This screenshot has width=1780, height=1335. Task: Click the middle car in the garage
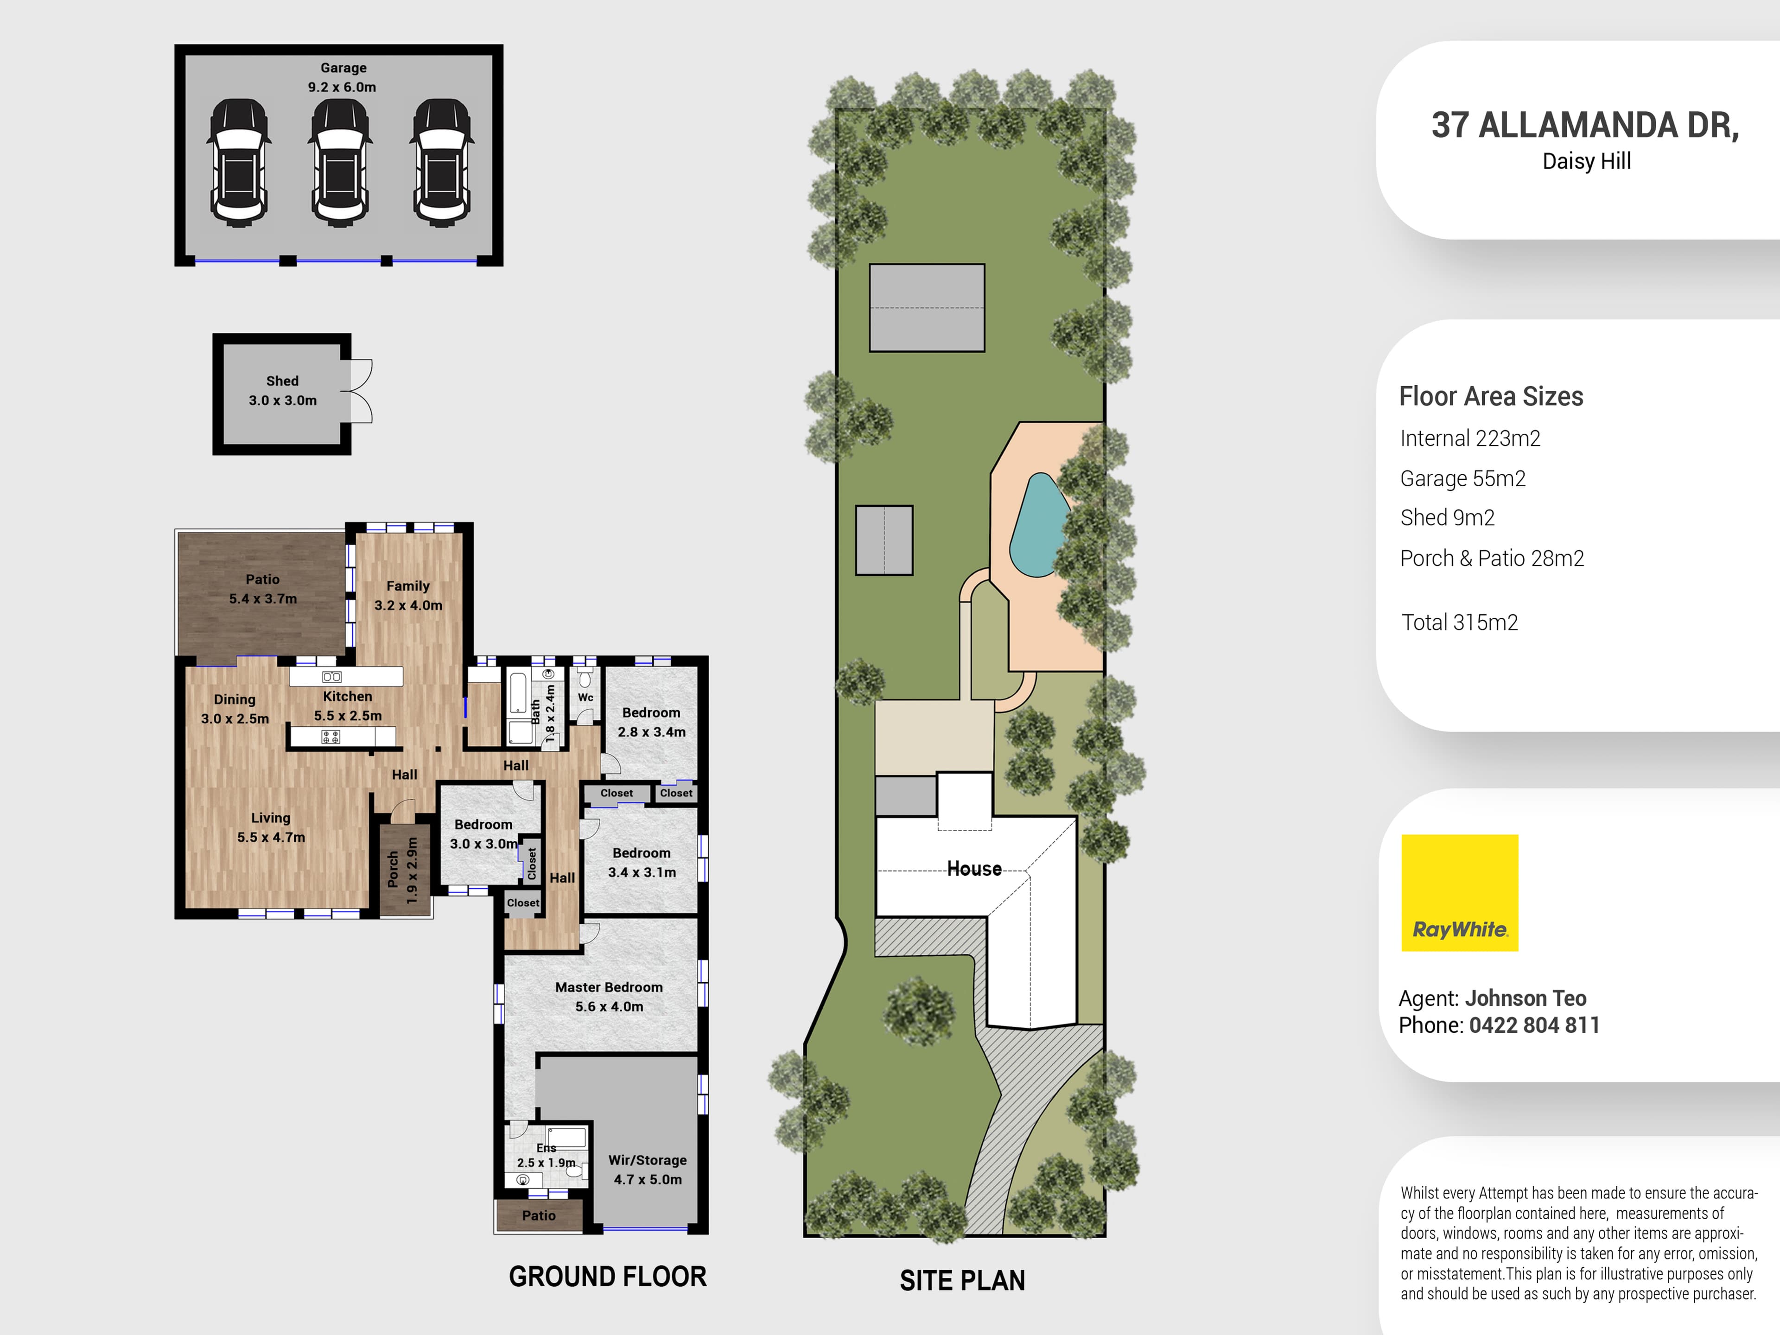(340, 163)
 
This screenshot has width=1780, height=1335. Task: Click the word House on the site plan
(974, 869)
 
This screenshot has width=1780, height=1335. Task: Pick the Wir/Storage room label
(648, 1169)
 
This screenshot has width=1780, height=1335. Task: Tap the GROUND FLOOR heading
(608, 1276)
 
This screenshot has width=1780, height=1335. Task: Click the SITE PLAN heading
(962, 1280)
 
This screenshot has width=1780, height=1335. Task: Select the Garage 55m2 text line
(1462, 479)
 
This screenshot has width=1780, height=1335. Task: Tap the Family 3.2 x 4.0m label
(408, 596)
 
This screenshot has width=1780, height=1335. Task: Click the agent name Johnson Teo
(1525, 998)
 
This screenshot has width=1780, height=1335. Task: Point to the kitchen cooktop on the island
(331, 736)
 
